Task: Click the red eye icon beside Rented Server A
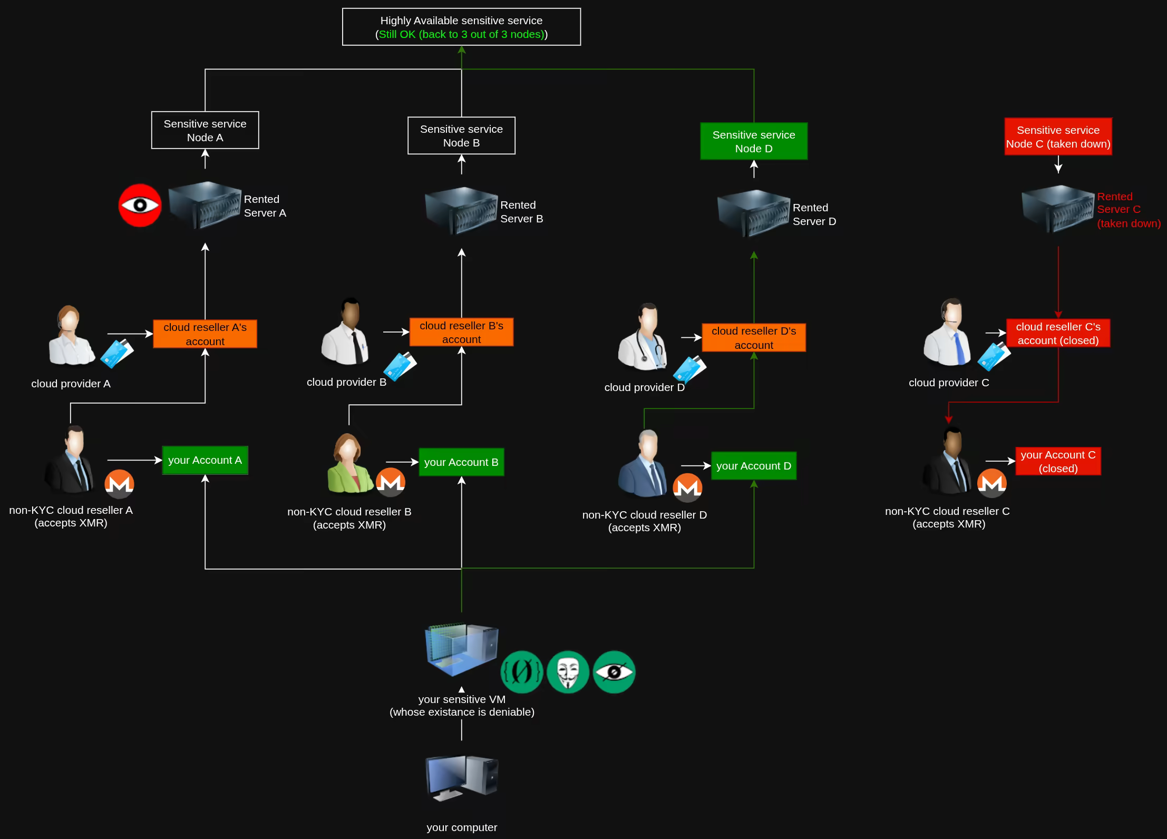click(x=140, y=205)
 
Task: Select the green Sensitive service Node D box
click(x=753, y=141)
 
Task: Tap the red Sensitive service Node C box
click(x=1058, y=136)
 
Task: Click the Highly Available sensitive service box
click(x=461, y=27)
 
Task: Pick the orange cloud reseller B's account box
click(x=461, y=332)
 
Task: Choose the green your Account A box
click(x=205, y=460)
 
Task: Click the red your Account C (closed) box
click(x=1057, y=461)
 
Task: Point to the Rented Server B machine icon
click(x=461, y=211)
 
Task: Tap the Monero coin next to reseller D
click(x=687, y=487)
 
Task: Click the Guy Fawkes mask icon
click(x=568, y=672)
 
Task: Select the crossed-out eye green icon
click(x=614, y=672)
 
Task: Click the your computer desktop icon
click(x=461, y=778)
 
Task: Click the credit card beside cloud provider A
click(x=117, y=353)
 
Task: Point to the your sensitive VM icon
click(x=461, y=650)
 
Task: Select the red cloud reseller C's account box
click(x=1057, y=333)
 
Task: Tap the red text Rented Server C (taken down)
click(x=1128, y=210)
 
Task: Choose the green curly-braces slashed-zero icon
click(x=521, y=672)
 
